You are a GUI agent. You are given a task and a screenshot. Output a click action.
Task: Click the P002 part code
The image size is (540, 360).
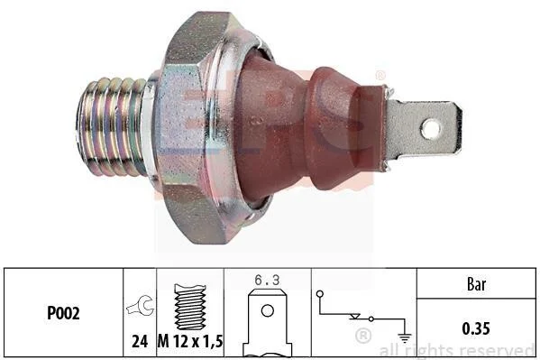pos(63,313)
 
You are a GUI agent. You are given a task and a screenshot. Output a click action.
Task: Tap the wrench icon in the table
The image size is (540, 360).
pos(140,306)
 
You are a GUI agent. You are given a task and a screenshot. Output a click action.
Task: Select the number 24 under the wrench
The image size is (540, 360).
pos(140,341)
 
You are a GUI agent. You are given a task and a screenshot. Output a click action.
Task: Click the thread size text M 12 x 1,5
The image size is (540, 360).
pos(190,341)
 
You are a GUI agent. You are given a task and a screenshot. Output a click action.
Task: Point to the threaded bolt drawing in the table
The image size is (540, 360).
pos(190,307)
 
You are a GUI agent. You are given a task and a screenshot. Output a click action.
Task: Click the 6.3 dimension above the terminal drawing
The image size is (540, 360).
pos(267,280)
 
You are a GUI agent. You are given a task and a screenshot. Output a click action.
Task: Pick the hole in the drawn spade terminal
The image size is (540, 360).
pos(268,310)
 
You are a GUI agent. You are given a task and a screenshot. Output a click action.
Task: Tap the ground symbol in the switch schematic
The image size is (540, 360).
pos(405,338)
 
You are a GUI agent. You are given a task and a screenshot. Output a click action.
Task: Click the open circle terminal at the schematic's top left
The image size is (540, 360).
pos(320,294)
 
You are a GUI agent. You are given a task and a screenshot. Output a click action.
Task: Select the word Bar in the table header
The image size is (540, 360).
pos(477,284)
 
